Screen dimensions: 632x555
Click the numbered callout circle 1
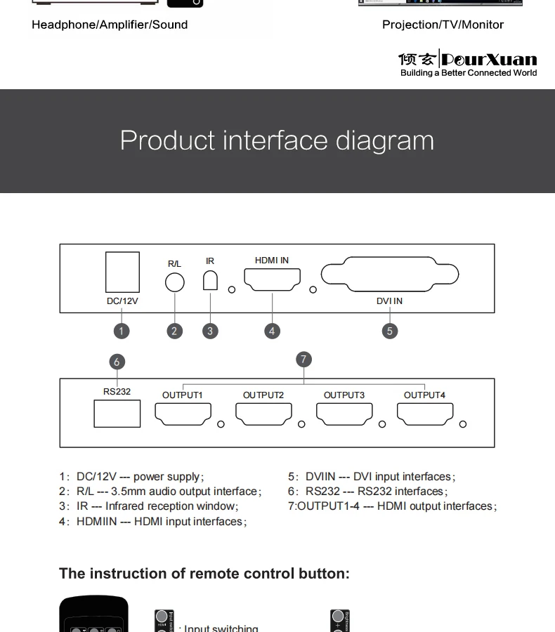tap(122, 331)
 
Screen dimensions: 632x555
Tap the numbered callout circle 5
tap(390, 331)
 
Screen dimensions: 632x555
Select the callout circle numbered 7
tap(303, 360)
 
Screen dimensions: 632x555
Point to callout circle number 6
tap(117, 362)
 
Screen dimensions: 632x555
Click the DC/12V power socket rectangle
tap(122, 272)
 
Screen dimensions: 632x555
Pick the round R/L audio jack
tap(174, 282)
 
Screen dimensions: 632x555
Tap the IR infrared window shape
tap(210, 279)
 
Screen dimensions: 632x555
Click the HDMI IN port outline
tap(273, 279)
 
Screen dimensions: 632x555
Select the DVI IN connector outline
tap(390, 276)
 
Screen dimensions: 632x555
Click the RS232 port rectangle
tap(117, 413)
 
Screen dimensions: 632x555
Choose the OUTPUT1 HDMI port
tap(183, 414)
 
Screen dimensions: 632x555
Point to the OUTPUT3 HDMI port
tap(344, 414)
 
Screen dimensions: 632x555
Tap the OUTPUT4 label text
tap(424, 395)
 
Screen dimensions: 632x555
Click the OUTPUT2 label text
tap(263, 395)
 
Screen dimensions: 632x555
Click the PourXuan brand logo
tap(468, 62)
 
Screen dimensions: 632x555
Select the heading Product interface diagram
tap(277, 140)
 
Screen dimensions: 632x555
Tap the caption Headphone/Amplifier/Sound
tap(110, 25)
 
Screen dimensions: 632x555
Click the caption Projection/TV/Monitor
tap(443, 25)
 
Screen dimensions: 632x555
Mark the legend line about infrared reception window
tap(149, 506)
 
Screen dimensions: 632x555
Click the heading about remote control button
tap(204, 573)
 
